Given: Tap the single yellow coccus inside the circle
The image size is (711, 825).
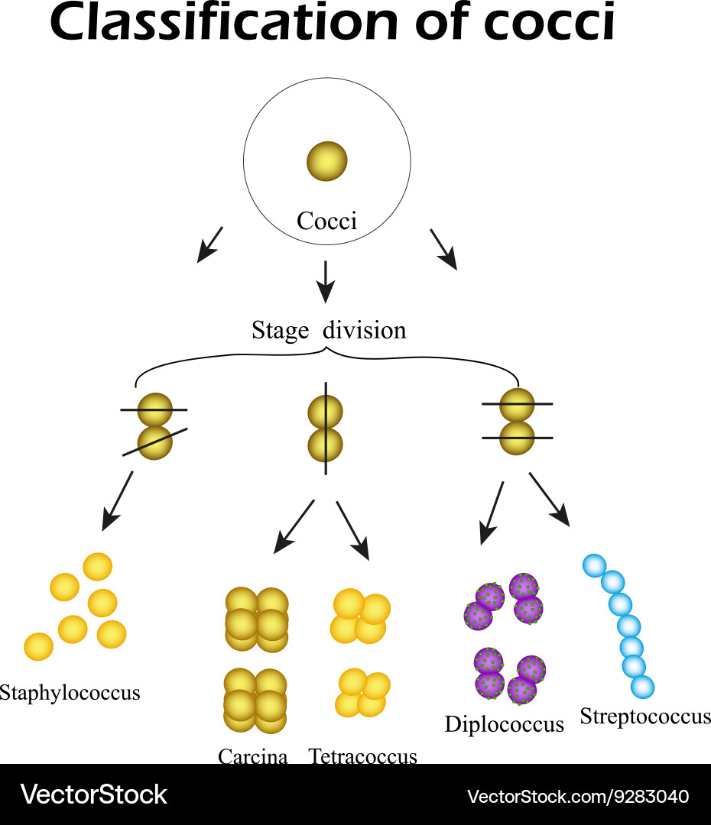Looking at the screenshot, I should point(327,161).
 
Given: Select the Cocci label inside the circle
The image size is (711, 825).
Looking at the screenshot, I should point(326,222).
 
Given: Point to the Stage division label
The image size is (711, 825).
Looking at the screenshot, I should point(329,330).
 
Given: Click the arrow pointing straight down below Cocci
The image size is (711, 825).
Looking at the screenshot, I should point(326,280).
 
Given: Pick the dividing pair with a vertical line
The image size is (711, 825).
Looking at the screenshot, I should point(326,429).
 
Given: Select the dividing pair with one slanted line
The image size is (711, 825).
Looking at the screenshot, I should point(155,426).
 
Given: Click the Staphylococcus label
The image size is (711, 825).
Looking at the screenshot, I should point(70,693).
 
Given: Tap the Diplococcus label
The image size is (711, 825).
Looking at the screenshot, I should point(504,723).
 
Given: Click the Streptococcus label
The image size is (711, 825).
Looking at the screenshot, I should point(644,717).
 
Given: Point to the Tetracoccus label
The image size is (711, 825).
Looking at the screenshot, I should point(363,756).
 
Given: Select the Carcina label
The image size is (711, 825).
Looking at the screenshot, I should point(253,756).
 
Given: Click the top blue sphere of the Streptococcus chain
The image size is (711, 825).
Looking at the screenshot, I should point(595,566).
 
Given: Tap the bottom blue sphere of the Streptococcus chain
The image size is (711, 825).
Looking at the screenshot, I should point(642,687).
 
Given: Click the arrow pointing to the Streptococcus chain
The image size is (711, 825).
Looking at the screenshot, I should point(550,499).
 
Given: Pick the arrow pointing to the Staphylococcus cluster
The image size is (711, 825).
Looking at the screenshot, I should point(118,500).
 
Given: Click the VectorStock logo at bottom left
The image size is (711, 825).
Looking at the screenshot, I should point(93,794).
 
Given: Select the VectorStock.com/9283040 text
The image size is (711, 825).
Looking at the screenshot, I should point(578,796).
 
